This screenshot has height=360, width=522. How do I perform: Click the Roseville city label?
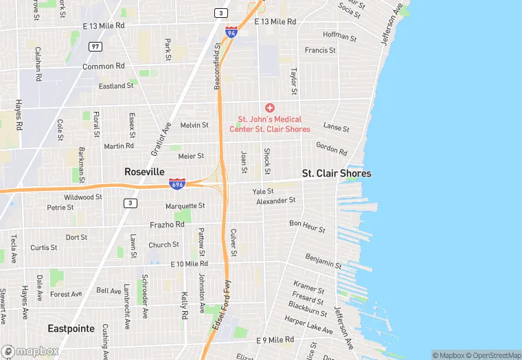click(x=144, y=171)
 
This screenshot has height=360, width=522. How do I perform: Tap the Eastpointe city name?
click(x=71, y=328)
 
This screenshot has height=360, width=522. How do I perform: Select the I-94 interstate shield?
click(x=231, y=32)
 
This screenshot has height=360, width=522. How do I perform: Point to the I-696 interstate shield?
click(x=177, y=183)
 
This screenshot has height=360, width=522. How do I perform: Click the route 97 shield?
click(x=95, y=46)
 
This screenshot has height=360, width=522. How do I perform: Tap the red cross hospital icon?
click(x=270, y=108)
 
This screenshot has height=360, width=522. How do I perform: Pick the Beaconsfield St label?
click(x=217, y=64)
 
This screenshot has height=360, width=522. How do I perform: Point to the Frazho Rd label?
click(x=167, y=225)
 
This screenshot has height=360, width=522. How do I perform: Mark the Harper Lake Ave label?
click(x=308, y=324)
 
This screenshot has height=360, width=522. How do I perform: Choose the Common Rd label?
click(x=104, y=66)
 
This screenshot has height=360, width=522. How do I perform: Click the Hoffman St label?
click(x=339, y=36)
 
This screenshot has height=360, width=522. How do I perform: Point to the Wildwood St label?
click(x=83, y=196)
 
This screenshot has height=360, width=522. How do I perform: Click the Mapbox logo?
click(x=30, y=351)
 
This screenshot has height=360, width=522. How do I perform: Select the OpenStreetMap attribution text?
click(x=493, y=355)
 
